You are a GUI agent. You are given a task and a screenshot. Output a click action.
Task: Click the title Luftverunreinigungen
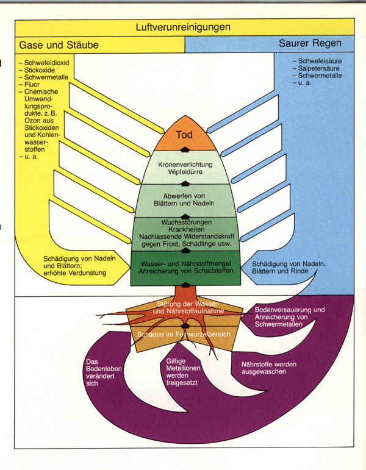(184, 27)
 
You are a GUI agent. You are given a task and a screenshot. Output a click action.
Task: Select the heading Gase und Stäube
(59, 45)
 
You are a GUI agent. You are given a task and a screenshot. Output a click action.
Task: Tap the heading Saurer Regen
(310, 44)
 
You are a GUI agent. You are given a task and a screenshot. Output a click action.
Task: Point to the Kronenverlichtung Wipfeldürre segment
(184, 169)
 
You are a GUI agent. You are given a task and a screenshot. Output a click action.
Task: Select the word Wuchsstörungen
(184, 223)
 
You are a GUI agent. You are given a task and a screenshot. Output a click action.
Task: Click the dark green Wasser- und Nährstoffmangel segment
(184, 266)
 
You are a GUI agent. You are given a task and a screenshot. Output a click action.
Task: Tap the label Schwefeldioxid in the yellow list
(49, 62)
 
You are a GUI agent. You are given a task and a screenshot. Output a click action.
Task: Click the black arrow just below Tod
(184, 149)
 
